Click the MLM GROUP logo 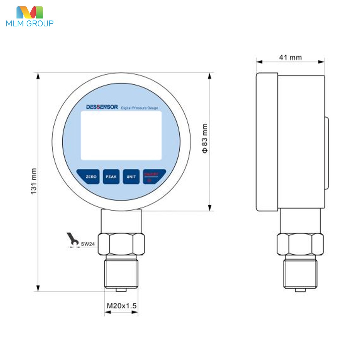point(29,17)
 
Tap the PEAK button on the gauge point(111,177)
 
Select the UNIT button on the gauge point(131,177)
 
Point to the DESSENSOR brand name point(102,107)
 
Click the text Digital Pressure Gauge point(139,108)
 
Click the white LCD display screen point(121,135)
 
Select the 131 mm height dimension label point(34,181)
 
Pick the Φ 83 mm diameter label point(205,138)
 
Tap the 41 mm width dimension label point(290,57)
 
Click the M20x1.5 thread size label point(121,306)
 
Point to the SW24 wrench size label point(88,244)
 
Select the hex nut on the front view point(121,244)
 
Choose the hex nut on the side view point(300,244)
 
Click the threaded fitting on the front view point(121,273)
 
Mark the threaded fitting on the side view point(300,273)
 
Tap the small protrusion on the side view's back point(326,153)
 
